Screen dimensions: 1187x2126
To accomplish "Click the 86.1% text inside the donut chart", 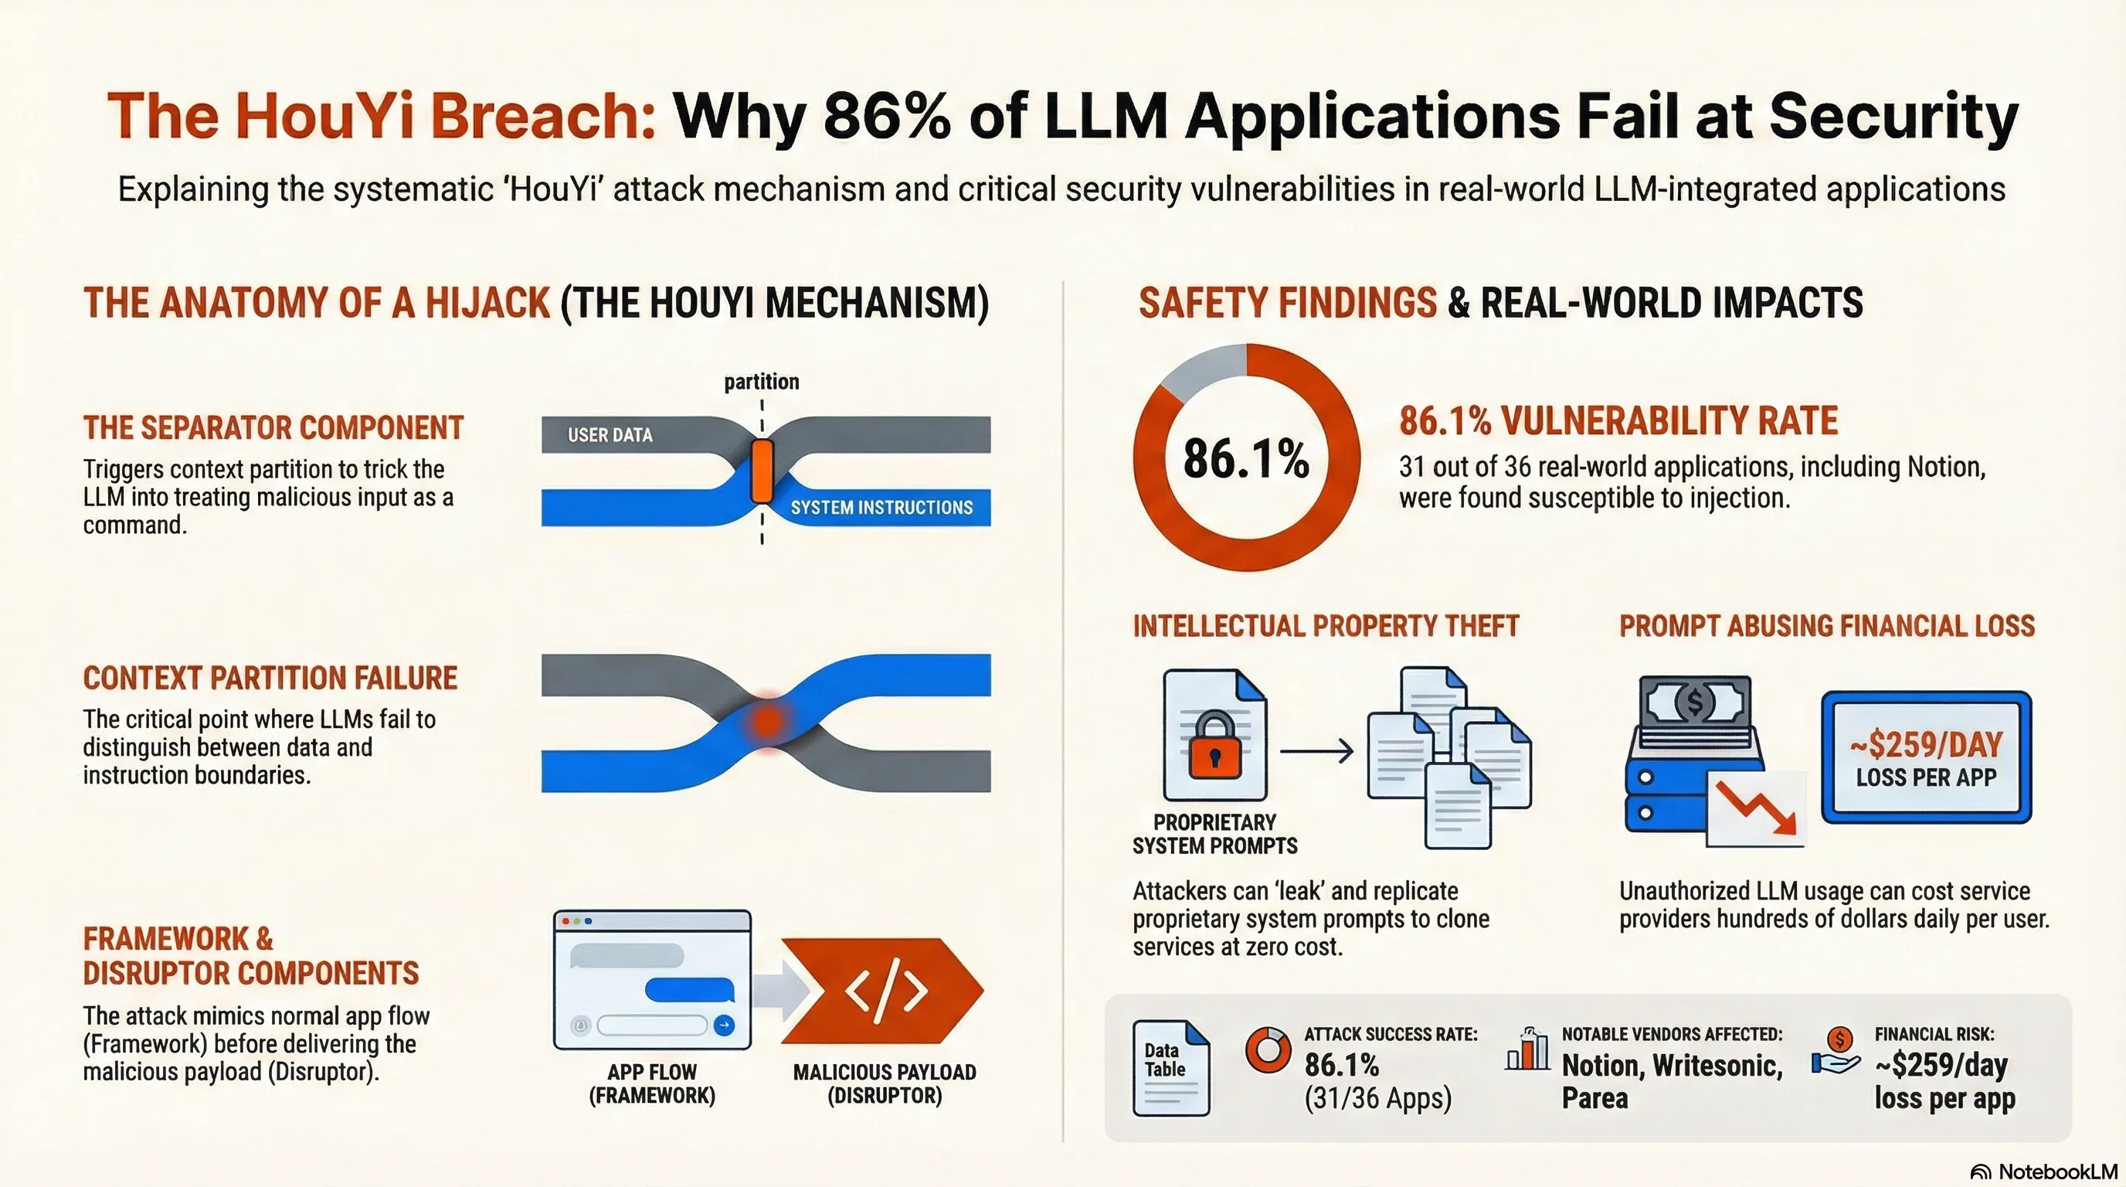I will (1245, 459).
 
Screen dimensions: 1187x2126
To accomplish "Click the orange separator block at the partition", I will (762, 471).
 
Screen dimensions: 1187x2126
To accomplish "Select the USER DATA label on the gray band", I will (610, 435).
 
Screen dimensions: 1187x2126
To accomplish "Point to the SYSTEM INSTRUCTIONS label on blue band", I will (881, 508).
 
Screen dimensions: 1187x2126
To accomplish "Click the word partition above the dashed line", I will (761, 381).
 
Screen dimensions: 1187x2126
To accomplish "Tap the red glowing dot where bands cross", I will (768, 720).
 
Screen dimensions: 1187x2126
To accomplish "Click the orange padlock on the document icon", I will (1214, 747).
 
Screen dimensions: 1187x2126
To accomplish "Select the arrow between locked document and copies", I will (1316, 751).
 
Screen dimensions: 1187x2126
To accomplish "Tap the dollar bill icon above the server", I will (1694, 702).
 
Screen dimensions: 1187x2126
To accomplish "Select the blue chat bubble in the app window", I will (688, 989).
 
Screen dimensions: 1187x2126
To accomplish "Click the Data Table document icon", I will (1170, 1068).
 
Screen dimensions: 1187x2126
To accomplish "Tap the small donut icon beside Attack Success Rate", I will (1267, 1050).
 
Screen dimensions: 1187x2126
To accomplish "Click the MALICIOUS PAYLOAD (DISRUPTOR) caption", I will (884, 1083).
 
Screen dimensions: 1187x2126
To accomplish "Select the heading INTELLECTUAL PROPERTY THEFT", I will (1326, 626).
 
